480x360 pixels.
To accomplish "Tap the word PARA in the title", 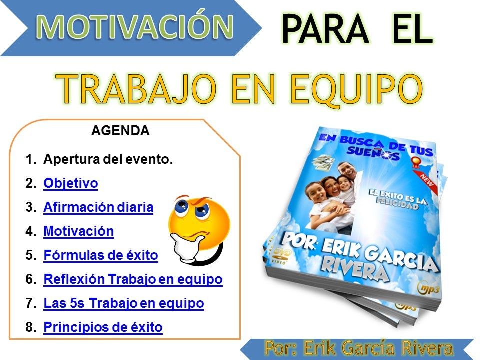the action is click(325, 29).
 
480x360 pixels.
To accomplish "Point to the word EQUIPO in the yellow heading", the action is click(356, 90).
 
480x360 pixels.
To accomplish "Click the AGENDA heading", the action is click(120, 130).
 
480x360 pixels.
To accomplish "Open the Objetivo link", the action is click(70, 183).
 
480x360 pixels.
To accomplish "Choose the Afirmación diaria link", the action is click(98, 207).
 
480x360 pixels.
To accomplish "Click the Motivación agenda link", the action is click(79, 231).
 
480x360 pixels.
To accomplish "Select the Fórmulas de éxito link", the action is click(101, 255).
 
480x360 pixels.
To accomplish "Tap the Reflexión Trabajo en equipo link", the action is click(133, 279).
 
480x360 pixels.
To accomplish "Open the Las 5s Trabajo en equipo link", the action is click(124, 303).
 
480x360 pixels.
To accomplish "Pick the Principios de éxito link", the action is click(103, 327).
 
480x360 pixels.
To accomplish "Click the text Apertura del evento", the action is click(108, 159).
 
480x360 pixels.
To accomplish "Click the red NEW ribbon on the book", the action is click(426, 179).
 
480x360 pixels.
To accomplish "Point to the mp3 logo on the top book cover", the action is click(428, 288).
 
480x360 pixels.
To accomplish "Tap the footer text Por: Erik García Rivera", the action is click(359, 348).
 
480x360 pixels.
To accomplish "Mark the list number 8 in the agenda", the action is click(31, 327).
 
